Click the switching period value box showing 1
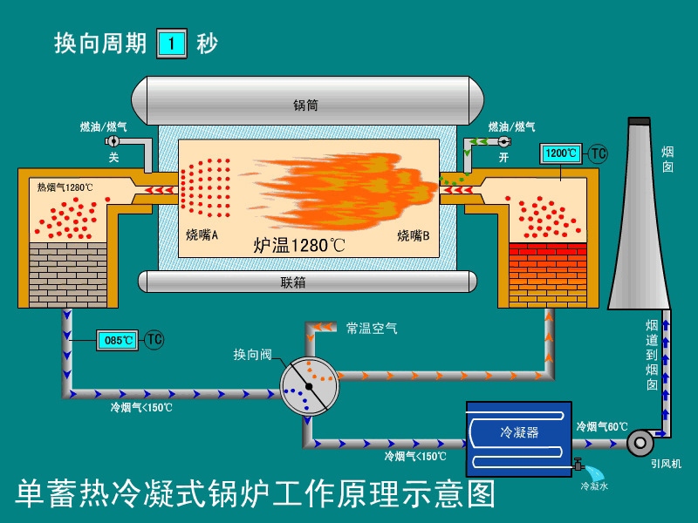[171, 44]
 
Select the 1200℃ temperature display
[561, 153]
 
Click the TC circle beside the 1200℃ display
[598, 153]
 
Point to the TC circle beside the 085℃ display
[154, 340]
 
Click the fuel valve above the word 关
[113, 141]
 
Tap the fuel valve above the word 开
[503, 141]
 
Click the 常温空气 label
[372, 328]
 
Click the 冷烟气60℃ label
[602, 427]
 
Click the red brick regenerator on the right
[547, 275]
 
